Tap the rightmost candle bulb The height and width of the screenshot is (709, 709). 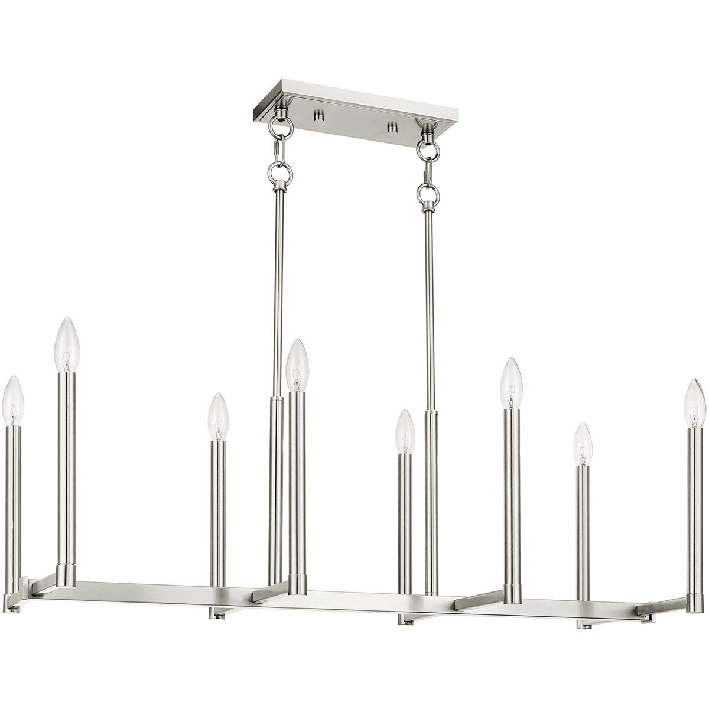[x=695, y=404]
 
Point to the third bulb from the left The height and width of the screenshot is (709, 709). [x=218, y=417]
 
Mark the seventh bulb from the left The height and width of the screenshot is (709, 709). [x=583, y=444]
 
